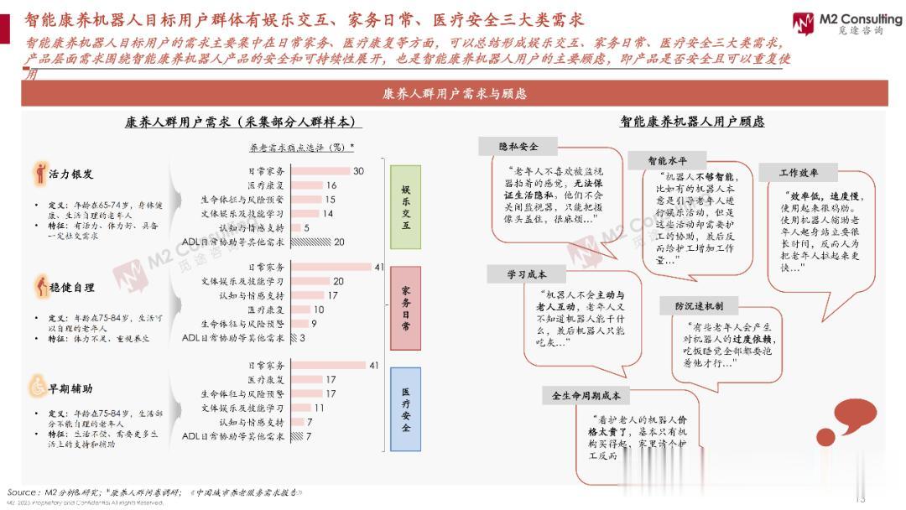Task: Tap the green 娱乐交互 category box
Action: pos(406,206)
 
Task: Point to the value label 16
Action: pos(331,185)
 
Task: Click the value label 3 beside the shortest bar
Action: pos(302,338)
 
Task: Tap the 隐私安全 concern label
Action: pos(518,147)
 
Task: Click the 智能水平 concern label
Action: pos(668,160)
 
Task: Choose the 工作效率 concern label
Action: pos(799,173)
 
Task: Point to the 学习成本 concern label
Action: pos(527,274)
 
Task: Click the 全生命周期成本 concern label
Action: pos(586,395)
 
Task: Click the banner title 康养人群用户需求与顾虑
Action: pos(454,93)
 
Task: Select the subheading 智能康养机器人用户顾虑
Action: pos(692,122)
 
